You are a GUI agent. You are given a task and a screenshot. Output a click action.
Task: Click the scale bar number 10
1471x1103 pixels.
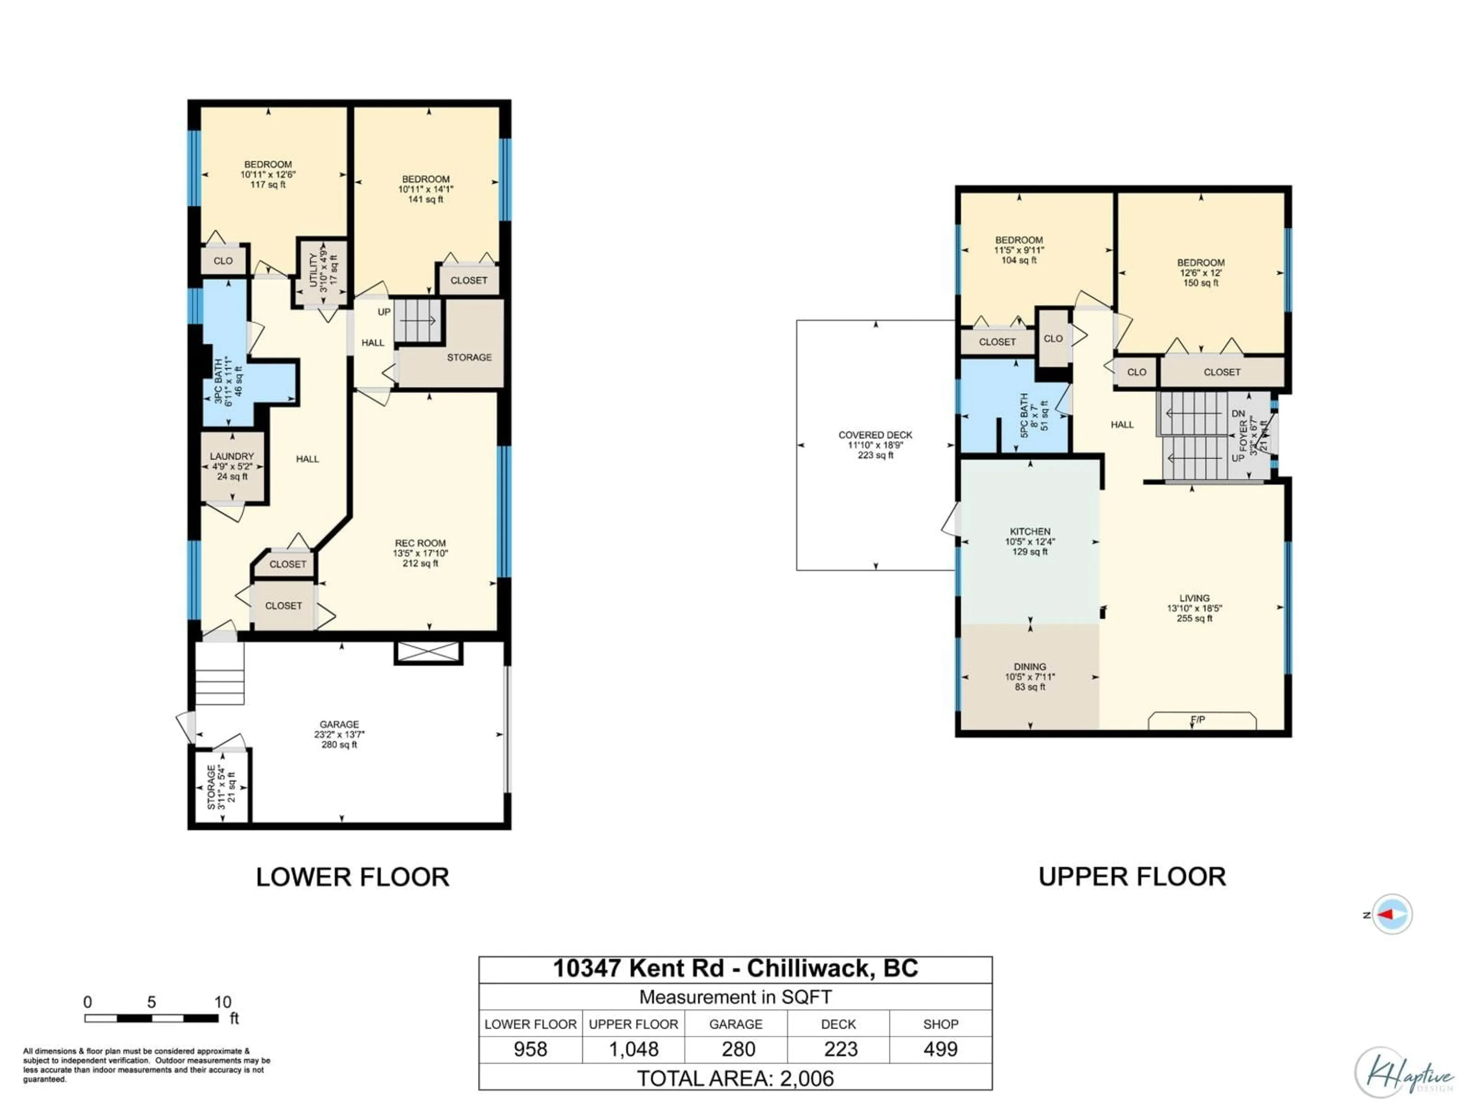coord(223,1002)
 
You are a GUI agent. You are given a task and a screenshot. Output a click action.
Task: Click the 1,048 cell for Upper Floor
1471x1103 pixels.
coord(633,1049)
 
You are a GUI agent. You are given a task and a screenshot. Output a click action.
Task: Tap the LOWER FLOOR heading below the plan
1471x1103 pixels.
coord(352,877)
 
